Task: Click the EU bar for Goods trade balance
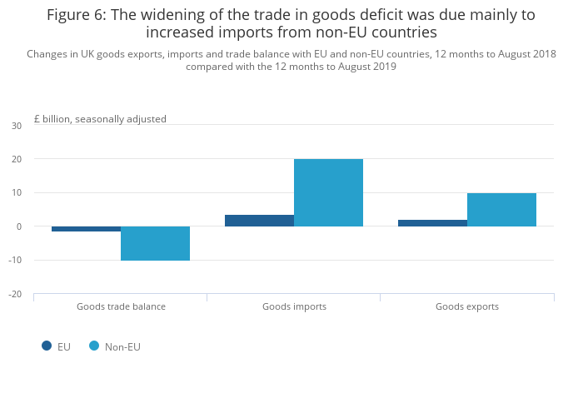click(86, 229)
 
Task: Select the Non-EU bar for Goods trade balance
click(155, 243)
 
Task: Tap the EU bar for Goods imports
click(259, 221)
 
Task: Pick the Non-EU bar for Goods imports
click(328, 192)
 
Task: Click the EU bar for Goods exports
click(432, 223)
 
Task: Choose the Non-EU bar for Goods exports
click(501, 210)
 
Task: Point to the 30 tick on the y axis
click(17, 126)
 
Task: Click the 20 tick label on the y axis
click(17, 159)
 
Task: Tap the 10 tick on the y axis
click(17, 193)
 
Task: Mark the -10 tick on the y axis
click(15, 261)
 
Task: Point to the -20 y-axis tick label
click(15, 294)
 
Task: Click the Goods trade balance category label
click(121, 306)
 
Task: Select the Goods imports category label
click(294, 306)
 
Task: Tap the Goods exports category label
click(467, 306)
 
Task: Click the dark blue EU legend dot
click(47, 346)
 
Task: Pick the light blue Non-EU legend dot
click(94, 346)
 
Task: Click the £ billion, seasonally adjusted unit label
click(100, 119)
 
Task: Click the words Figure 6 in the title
click(80, 15)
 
